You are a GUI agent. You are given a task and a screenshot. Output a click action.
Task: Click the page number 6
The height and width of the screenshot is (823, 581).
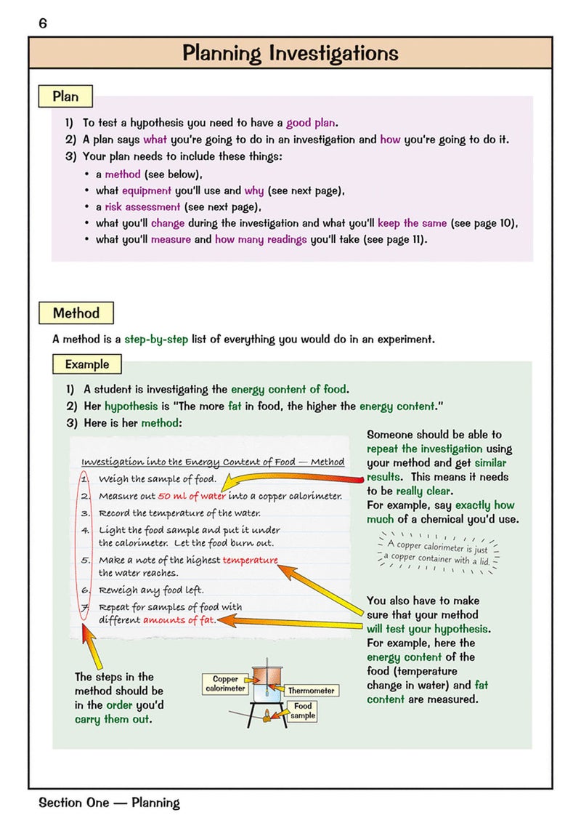pyautogui.click(x=43, y=23)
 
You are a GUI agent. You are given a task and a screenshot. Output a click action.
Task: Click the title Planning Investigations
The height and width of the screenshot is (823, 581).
pyautogui.click(x=290, y=53)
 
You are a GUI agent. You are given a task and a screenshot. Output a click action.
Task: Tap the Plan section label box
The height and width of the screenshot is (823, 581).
pyautogui.click(x=65, y=97)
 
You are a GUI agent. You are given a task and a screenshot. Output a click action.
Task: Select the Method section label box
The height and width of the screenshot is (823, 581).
pyautogui.click(x=76, y=313)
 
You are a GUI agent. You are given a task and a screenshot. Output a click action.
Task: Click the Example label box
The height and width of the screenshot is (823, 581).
pyautogui.click(x=87, y=364)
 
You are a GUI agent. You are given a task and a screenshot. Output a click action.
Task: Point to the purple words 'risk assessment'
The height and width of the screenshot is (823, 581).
pyautogui.click(x=139, y=206)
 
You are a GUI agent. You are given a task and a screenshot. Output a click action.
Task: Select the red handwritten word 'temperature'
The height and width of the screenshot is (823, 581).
pyautogui.click(x=250, y=560)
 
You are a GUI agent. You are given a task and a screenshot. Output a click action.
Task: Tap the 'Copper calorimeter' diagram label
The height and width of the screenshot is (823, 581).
pyautogui.click(x=225, y=683)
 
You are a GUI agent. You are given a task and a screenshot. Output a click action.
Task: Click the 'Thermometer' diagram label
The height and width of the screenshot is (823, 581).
pyautogui.click(x=311, y=691)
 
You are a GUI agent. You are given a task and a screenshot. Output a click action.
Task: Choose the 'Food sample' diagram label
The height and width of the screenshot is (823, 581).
pyautogui.click(x=303, y=710)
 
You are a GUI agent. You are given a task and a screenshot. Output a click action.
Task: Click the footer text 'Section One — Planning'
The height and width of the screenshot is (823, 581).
pyautogui.click(x=109, y=803)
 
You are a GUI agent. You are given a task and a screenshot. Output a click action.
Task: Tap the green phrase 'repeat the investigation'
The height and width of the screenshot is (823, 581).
pyautogui.click(x=425, y=449)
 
